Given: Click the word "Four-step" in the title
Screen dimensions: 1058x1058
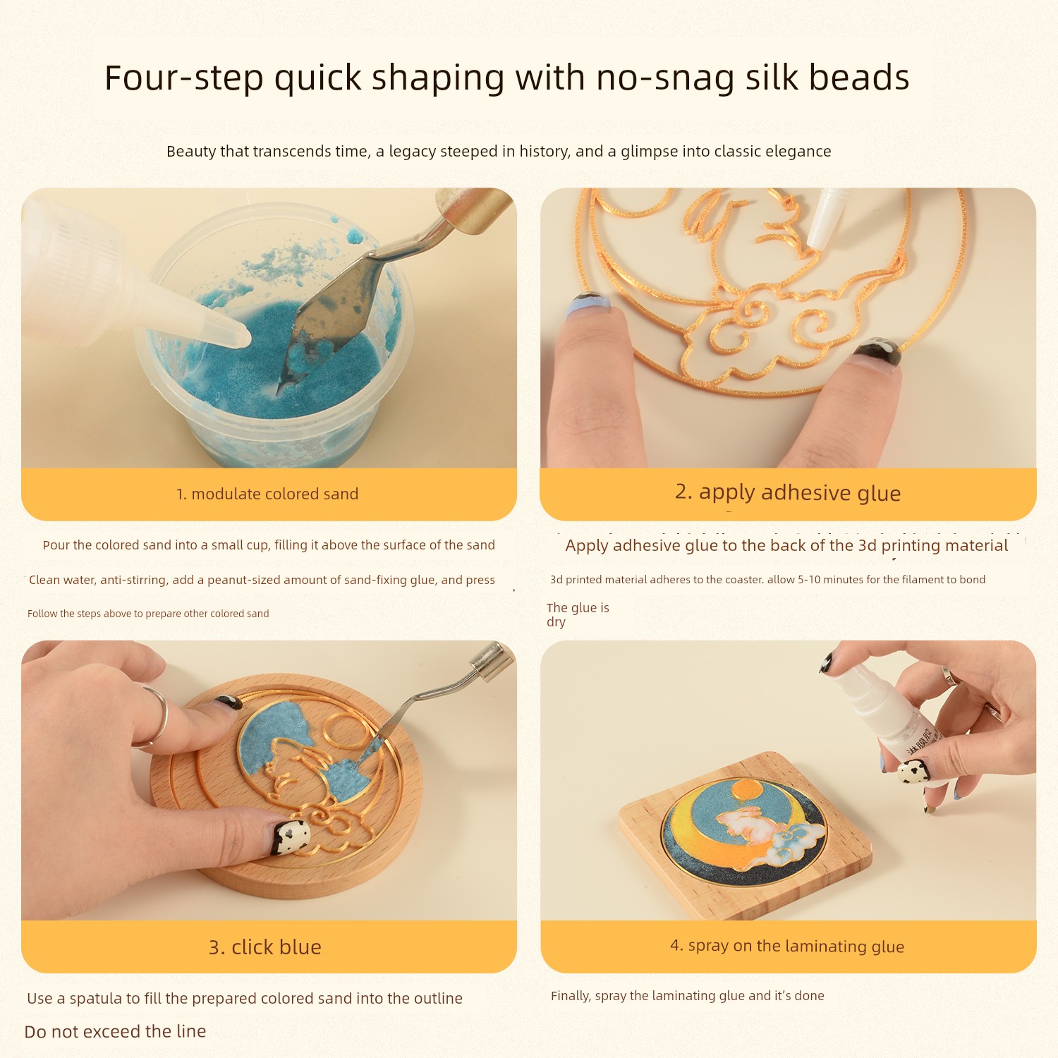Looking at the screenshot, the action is [184, 78].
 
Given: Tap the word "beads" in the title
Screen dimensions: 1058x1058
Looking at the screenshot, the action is [859, 78].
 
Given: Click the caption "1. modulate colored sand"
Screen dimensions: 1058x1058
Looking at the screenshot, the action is [267, 494].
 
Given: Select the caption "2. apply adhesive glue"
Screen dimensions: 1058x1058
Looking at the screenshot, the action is [788, 492].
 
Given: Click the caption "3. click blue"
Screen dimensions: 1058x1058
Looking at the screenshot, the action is [265, 947].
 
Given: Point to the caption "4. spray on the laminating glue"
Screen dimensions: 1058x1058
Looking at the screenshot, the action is [787, 946].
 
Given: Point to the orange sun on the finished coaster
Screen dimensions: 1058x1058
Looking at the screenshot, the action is [746, 791].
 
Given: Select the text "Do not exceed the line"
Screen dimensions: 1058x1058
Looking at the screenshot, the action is [115, 1031].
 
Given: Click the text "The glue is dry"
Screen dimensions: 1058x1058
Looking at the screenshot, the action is [578, 614].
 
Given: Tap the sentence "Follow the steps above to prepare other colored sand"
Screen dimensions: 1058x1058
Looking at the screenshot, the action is [148, 614].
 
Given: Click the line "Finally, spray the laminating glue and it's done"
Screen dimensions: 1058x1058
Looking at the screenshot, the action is [688, 996].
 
